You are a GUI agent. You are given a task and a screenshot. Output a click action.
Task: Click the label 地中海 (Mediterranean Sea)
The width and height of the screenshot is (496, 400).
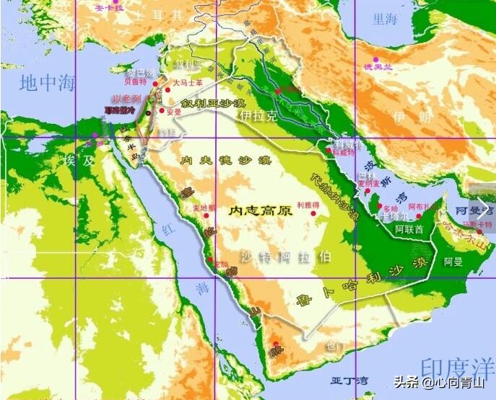[x=48, y=81]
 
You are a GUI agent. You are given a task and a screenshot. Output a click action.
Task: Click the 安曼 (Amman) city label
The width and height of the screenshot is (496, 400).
[x=173, y=112]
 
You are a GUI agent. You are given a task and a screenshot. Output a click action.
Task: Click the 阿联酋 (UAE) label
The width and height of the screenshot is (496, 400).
[x=409, y=228]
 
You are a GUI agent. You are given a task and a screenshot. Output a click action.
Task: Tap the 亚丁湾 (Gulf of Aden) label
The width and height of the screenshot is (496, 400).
[x=349, y=380]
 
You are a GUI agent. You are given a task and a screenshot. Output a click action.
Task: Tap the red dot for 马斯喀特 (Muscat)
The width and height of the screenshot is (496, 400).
[x=479, y=232]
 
